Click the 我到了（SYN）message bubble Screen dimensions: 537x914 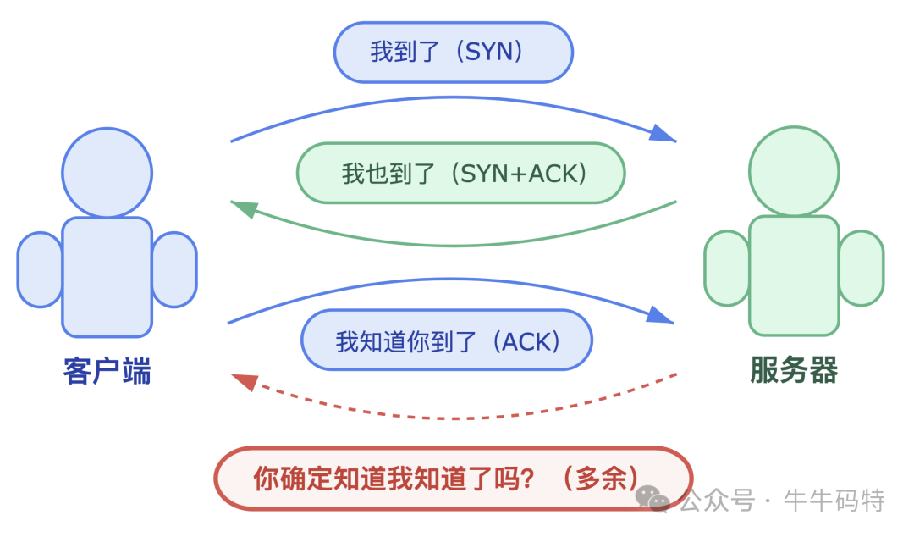click(453, 53)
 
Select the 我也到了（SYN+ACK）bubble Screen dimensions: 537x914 click(460, 173)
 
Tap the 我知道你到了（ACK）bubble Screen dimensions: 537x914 click(447, 340)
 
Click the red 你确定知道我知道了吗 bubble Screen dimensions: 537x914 click(453, 479)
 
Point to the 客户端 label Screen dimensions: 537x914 click(107, 371)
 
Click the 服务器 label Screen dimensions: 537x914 click(794, 370)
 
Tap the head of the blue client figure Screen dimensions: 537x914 click(107, 173)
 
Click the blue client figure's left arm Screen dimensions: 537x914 click(40, 269)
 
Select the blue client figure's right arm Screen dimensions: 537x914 click(174, 269)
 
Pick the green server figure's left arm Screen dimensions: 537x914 click(727, 268)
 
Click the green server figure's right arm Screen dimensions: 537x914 click(861, 268)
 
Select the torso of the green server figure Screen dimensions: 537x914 click(794, 275)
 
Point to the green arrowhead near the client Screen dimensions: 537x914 click(244, 208)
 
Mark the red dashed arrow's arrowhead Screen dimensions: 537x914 click(244, 382)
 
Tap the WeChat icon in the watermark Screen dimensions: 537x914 click(653, 500)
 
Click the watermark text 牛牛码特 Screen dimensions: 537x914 click(834, 501)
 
